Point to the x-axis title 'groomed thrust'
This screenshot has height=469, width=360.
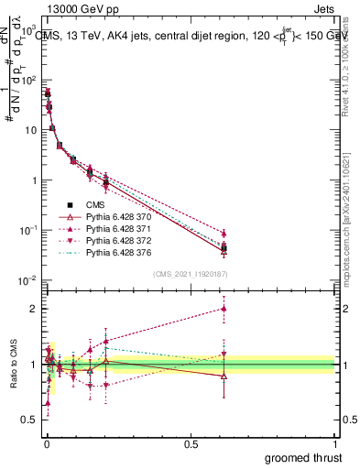point(301,456)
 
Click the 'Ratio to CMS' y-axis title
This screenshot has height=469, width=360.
point(13,365)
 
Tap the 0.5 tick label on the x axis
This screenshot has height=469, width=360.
point(191,443)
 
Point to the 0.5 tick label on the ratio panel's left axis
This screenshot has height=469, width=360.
point(27,420)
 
